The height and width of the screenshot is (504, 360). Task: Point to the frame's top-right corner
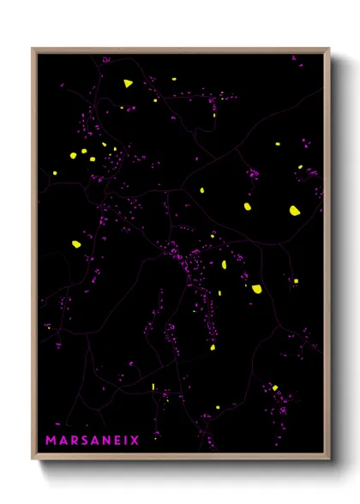point(329,49)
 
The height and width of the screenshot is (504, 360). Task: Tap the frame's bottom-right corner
point(329,459)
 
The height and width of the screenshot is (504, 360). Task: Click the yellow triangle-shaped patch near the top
point(128,83)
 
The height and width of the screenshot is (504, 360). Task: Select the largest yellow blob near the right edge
point(294,210)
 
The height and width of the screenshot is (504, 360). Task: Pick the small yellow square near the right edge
point(296,280)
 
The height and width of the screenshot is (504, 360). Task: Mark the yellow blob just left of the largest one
point(248,207)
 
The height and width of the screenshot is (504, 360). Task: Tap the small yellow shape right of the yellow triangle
point(173,80)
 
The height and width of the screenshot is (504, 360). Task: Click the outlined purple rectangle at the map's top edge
point(106,60)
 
